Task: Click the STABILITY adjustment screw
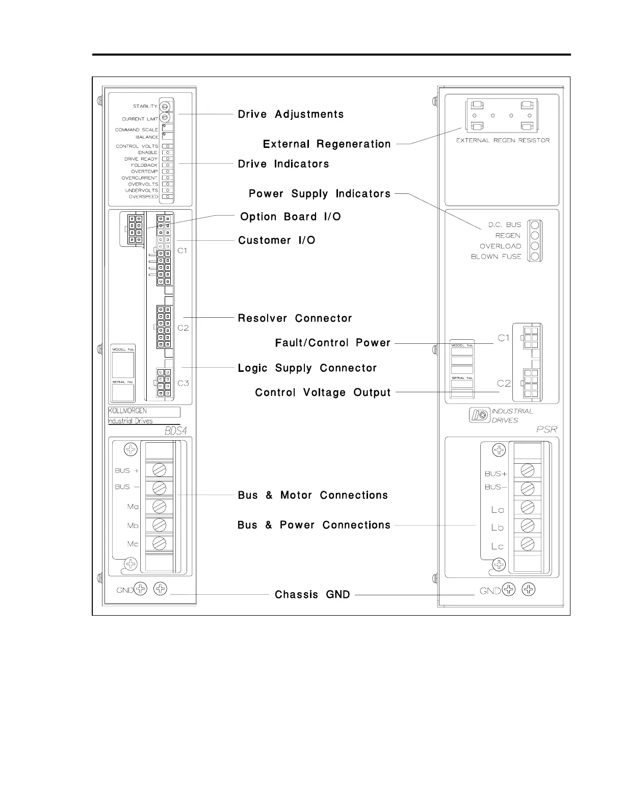(165, 107)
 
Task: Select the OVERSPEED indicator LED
(167, 196)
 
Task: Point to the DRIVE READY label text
(141, 159)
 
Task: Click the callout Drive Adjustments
(291, 114)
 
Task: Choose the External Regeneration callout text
(327, 144)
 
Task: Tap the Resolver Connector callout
(295, 318)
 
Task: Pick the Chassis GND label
(312, 595)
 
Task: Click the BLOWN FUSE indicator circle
(535, 257)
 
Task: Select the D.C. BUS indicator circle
(535, 225)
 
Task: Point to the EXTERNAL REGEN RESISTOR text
(503, 140)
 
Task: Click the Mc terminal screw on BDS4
(159, 543)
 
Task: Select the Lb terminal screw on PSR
(528, 526)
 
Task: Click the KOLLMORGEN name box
(144, 412)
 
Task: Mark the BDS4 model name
(175, 431)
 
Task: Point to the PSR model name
(547, 430)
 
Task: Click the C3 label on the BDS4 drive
(183, 383)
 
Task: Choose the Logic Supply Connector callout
(307, 368)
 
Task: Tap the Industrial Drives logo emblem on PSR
(479, 415)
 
